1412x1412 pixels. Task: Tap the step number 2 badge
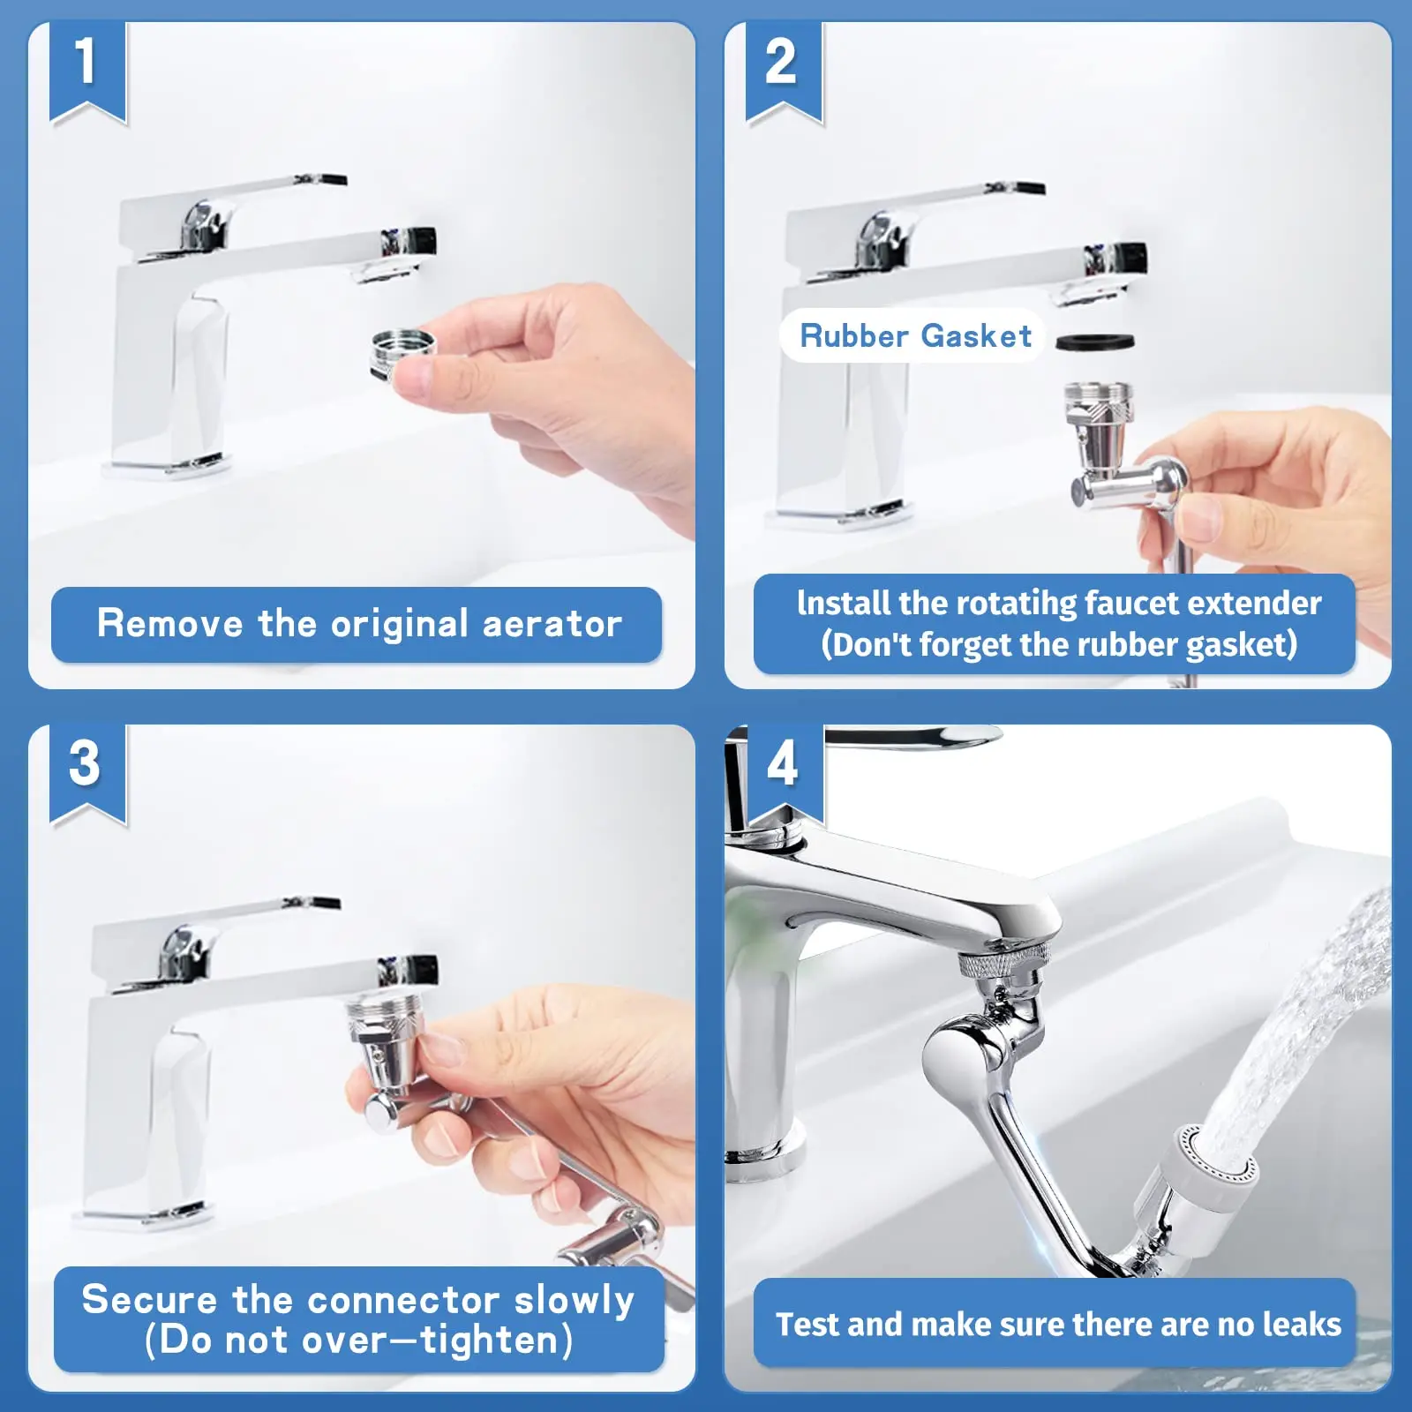pos(784,71)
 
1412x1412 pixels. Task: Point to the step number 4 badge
pos(784,773)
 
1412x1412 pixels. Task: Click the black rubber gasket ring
pos(1095,341)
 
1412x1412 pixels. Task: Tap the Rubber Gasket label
pos(915,335)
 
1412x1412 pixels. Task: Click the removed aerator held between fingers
pos(402,353)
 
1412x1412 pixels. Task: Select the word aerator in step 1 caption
pos(552,625)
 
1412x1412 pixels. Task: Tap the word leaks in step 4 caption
pos(1302,1324)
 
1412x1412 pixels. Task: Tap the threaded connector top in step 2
pos(1098,402)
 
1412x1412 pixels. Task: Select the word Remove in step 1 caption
pos(169,623)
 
